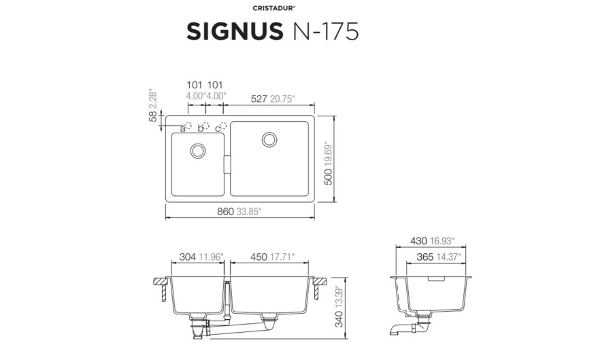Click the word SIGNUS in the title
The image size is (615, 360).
pyautogui.click(x=235, y=31)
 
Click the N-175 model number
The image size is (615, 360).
pyautogui.click(x=326, y=31)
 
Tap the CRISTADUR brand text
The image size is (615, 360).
pyautogui.click(x=273, y=8)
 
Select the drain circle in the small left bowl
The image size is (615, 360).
pyautogui.click(x=198, y=150)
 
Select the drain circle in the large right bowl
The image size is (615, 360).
pyautogui.click(x=269, y=140)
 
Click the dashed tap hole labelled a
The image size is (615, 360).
pyautogui.click(x=188, y=125)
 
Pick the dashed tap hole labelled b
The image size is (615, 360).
pyautogui.click(x=205, y=125)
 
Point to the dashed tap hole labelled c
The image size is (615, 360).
pyautogui.click(x=223, y=125)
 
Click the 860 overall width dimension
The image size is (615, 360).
pyautogui.click(x=226, y=212)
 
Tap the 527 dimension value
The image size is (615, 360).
pyautogui.click(x=259, y=99)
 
